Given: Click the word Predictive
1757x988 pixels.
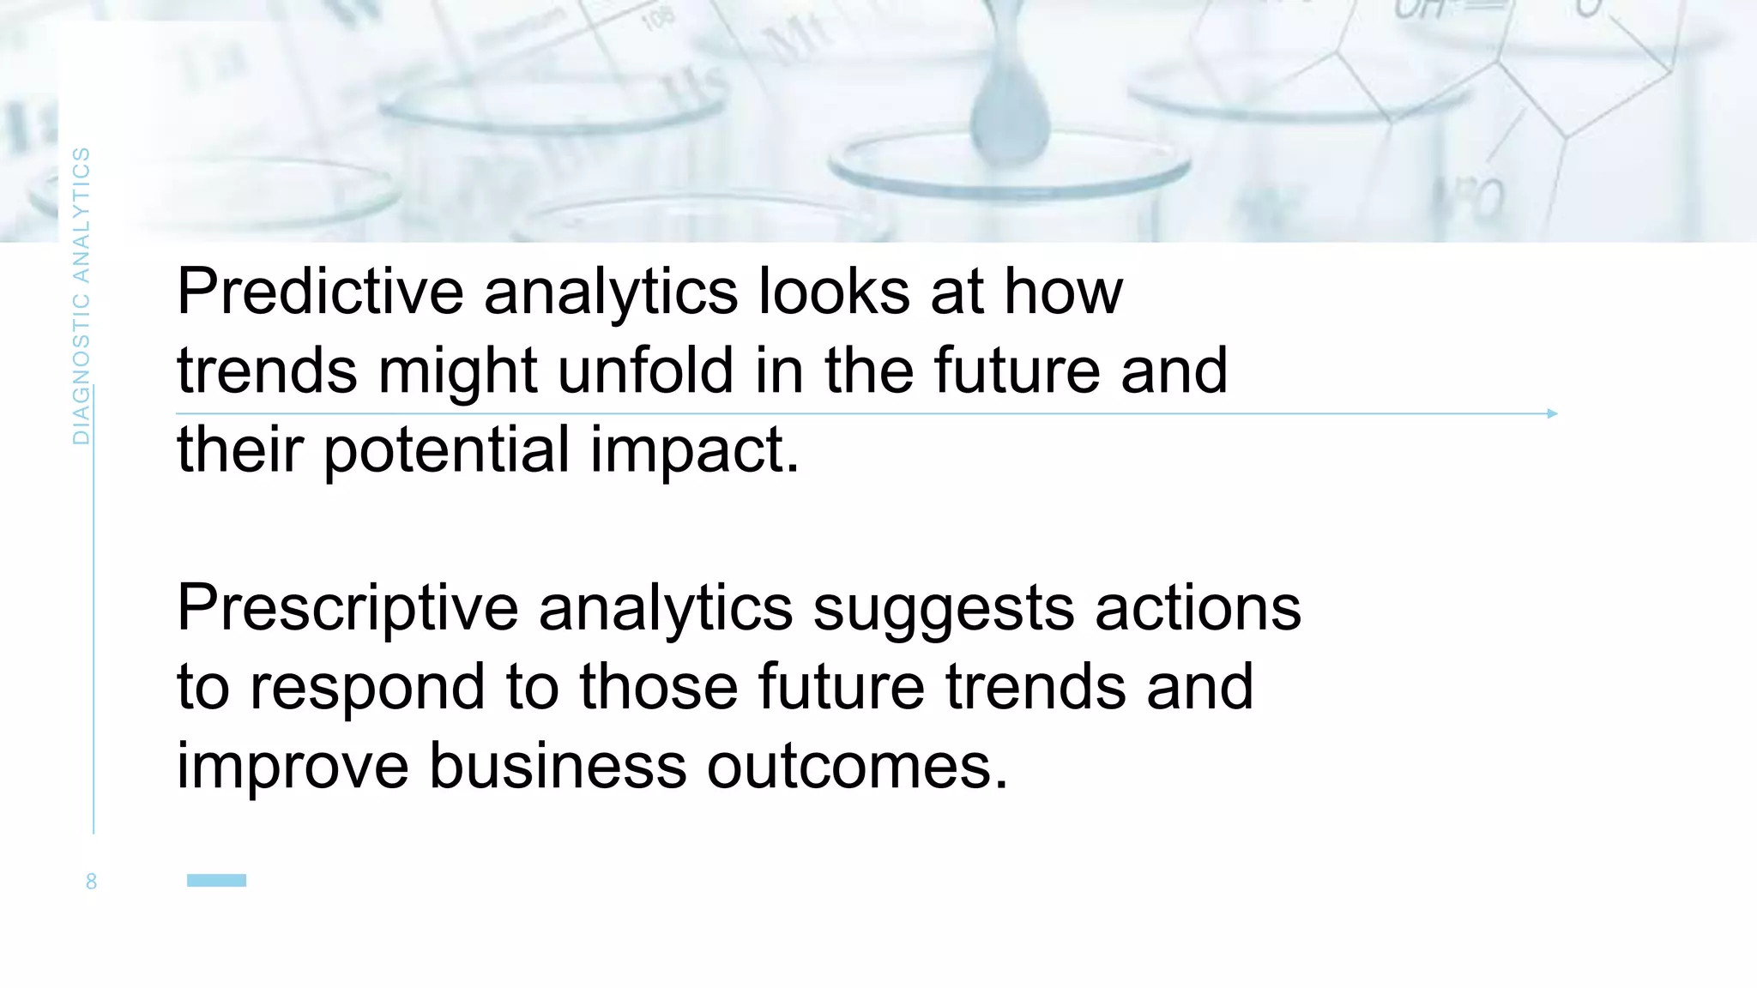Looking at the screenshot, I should coord(321,292).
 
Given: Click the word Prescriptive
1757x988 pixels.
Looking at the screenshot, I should coord(347,608).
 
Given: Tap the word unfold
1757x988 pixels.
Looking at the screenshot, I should coord(646,370).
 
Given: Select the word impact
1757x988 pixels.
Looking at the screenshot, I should coord(694,450).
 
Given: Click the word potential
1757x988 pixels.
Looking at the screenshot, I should coord(446,450).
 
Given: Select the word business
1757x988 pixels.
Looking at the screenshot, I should coord(558,766).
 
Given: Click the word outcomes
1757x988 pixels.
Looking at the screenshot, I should coord(857,766).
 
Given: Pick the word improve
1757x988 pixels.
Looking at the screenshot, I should coord(293,768).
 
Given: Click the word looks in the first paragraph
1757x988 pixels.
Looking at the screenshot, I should coord(834,292).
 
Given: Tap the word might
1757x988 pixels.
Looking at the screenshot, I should coord(457,372).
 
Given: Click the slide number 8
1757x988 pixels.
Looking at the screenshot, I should coord(91,882).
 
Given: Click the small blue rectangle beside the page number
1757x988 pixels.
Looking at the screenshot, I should coord(216,880).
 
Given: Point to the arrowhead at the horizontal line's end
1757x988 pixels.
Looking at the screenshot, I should coord(1552,413).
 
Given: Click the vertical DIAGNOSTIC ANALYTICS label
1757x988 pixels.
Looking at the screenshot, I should coord(81,296).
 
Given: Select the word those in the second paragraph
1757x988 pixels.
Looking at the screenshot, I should coord(658,687).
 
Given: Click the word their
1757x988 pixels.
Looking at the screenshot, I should coord(240,450).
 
